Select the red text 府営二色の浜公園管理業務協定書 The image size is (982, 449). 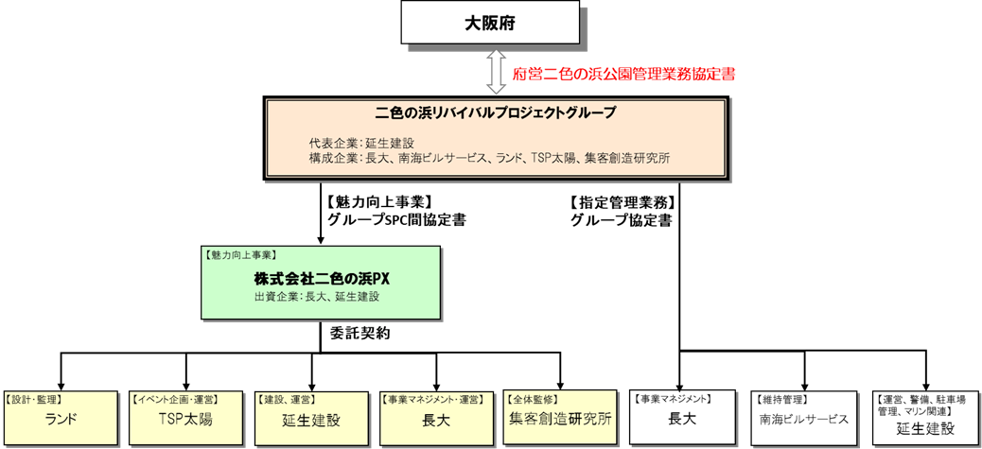click(x=620, y=73)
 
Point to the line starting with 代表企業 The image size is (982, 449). click(x=360, y=143)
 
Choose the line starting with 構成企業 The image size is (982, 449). click(x=489, y=159)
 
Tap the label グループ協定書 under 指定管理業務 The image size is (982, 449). click(x=622, y=220)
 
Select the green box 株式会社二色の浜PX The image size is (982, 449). click(x=321, y=282)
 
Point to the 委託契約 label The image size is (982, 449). click(x=360, y=334)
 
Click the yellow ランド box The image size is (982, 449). click(x=61, y=418)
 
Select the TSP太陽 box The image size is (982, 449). click(x=186, y=418)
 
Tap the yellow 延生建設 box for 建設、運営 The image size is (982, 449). click(x=311, y=418)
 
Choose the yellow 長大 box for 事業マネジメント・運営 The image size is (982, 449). click(x=436, y=418)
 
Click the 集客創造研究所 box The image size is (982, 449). click(x=560, y=418)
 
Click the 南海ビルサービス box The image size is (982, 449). click(x=804, y=418)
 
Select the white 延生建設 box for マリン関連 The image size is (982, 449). click(x=924, y=418)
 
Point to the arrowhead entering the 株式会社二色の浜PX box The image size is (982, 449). click(x=321, y=241)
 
